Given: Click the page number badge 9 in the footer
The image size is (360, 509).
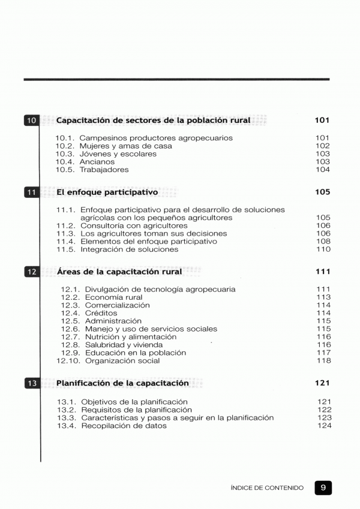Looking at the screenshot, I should [x=323, y=488].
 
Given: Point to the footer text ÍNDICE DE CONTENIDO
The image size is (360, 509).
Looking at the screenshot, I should [x=267, y=489].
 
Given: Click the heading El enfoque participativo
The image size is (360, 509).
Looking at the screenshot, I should [x=107, y=192].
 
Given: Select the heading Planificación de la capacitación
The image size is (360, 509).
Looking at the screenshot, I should [x=122, y=382].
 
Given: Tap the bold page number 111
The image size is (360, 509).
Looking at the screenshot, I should [x=322, y=272].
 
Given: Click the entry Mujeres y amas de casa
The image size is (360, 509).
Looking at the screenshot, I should [x=118, y=146].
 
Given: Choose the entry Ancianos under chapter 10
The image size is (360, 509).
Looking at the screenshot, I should [x=97, y=162].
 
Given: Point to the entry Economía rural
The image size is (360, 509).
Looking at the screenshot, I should [x=113, y=297].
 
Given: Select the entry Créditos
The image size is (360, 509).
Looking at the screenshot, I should [x=101, y=313].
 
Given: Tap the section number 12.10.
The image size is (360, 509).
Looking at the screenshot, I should [x=68, y=361].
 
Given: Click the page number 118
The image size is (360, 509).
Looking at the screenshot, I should [x=323, y=361].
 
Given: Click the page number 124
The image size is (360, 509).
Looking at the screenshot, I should [x=324, y=426].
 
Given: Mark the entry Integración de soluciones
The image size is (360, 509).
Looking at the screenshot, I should [x=129, y=249].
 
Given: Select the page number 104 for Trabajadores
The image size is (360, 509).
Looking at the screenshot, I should [x=323, y=170].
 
